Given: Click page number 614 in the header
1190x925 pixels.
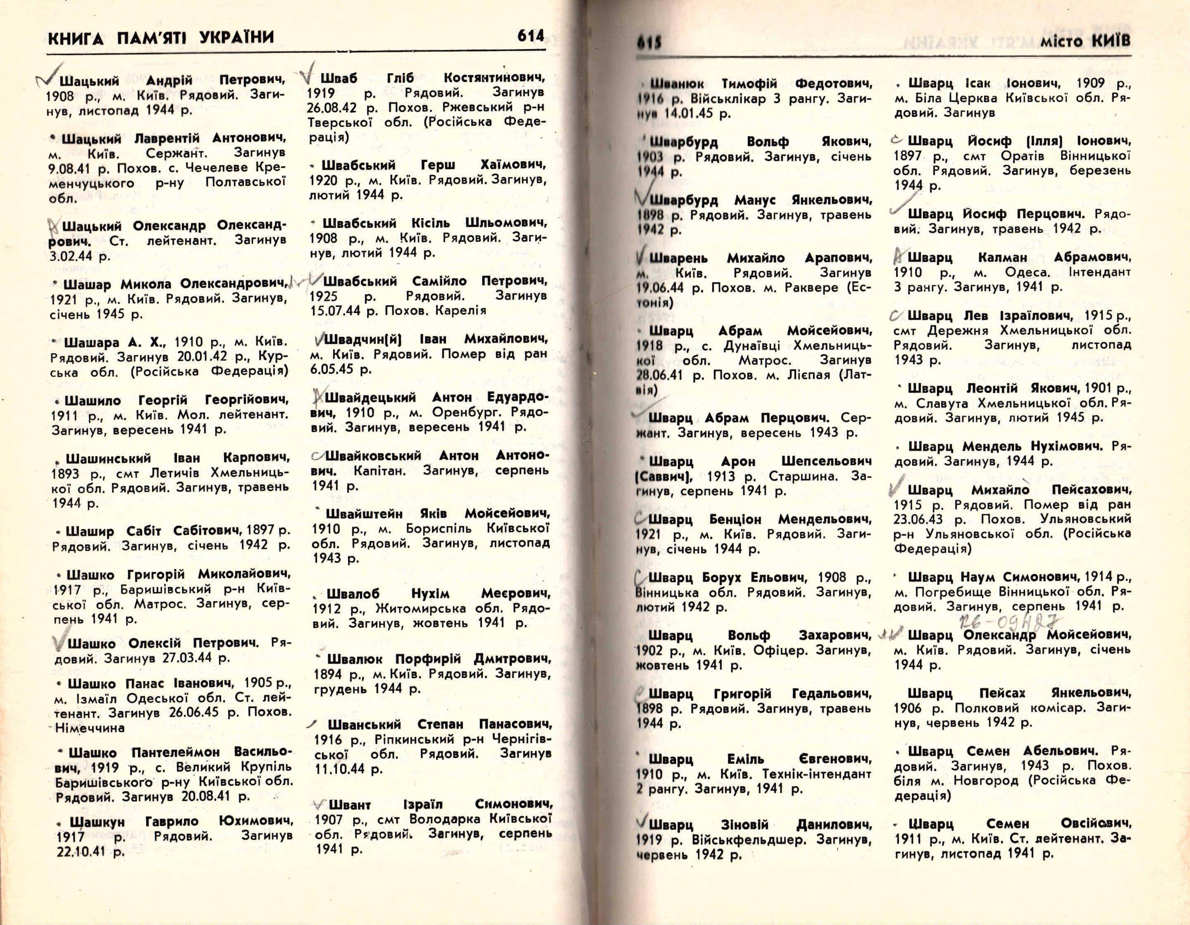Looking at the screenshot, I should (x=530, y=36).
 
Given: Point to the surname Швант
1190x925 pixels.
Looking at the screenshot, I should (x=349, y=805).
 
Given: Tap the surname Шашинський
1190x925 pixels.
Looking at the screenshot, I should (x=108, y=459).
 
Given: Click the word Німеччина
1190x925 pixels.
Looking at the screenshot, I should (x=90, y=728).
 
